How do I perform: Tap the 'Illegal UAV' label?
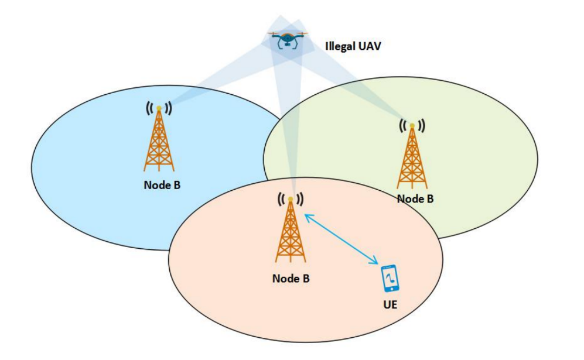[x=353, y=46]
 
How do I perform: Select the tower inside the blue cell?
[x=159, y=139]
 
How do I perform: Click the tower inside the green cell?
[x=412, y=156]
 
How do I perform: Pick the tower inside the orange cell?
[x=291, y=230]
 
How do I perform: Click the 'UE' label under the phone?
[x=390, y=304]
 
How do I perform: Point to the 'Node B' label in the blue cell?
[x=162, y=185]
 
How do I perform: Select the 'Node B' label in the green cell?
[x=415, y=199]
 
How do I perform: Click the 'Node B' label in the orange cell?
[x=291, y=279]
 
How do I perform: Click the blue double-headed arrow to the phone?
[x=341, y=239]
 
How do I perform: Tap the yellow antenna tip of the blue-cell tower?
[x=159, y=108]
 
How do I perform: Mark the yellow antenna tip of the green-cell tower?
[x=412, y=126]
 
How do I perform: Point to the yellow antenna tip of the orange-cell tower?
[x=291, y=200]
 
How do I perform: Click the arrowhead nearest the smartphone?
[x=375, y=262]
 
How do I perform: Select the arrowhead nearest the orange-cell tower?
[x=308, y=217]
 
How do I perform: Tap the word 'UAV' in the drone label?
[x=369, y=46]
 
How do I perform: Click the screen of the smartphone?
[x=390, y=277]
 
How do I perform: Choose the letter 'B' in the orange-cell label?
[x=306, y=279]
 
